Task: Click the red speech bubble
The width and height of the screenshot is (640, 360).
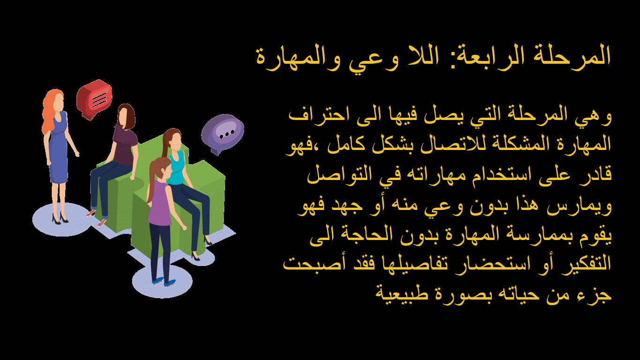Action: tap(95, 98)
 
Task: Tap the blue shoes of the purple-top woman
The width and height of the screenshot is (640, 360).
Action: tap(162, 282)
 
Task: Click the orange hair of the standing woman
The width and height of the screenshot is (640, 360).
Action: tap(50, 110)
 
